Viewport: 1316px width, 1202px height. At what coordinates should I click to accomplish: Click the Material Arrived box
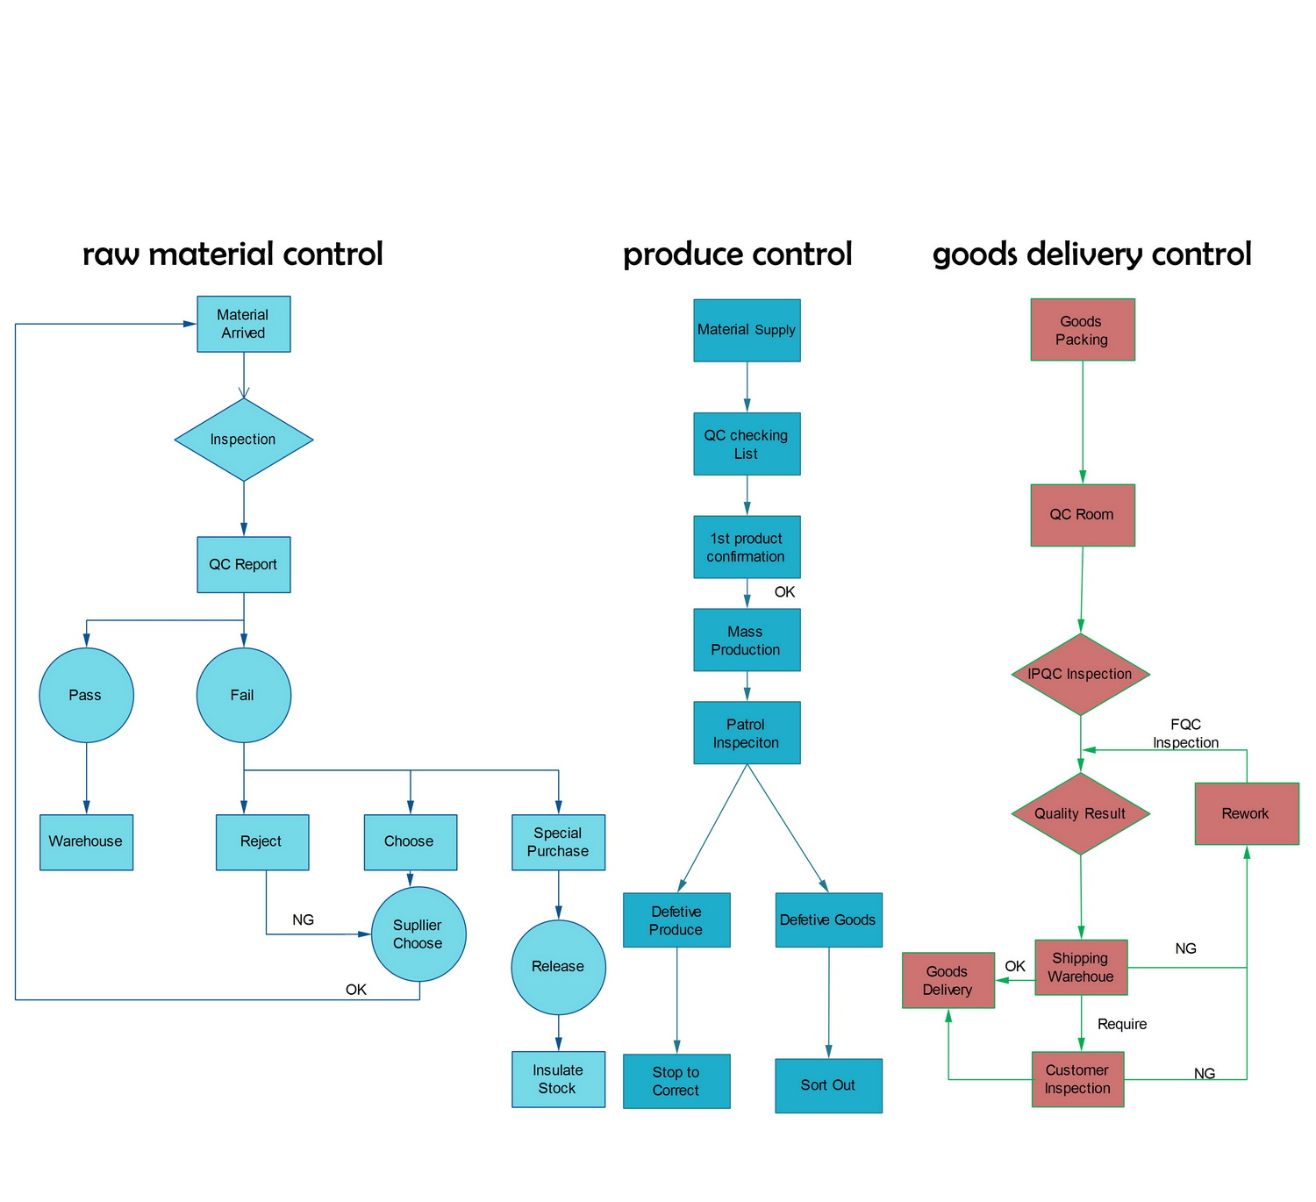tap(243, 324)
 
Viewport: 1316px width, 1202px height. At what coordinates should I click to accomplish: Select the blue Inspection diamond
tap(243, 440)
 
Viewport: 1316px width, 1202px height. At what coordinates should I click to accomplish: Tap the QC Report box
tap(243, 564)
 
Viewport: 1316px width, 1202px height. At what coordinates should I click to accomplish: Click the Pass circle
tap(86, 695)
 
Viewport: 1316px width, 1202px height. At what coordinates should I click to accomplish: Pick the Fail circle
tap(243, 695)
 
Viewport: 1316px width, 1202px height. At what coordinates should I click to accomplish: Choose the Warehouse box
tap(86, 841)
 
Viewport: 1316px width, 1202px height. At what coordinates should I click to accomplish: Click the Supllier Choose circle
tap(418, 934)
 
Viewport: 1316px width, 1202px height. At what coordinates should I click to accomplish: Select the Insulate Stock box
tap(558, 1079)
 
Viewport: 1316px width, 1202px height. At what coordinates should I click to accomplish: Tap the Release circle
tap(558, 966)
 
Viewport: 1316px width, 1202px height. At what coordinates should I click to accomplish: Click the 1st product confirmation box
tap(747, 547)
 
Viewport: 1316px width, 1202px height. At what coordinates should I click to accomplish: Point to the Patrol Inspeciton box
tap(747, 733)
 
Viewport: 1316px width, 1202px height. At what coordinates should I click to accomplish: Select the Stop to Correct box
tap(676, 1081)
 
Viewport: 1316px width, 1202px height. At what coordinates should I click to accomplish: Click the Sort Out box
tap(828, 1085)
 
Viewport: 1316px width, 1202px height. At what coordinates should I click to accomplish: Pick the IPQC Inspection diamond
tap(1080, 674)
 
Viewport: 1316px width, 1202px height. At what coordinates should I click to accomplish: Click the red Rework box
tap(1246, 813)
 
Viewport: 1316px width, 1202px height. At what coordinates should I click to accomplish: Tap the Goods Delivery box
tap(948, 980)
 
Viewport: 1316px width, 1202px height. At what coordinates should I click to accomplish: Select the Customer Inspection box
tap(1077, 1078)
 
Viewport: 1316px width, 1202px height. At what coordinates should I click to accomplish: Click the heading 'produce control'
tap(737, 254)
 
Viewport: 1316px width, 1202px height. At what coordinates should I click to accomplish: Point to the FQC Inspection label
tap(1185, 733)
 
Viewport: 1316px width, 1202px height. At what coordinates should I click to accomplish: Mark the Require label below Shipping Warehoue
tap(1121, 1024)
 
